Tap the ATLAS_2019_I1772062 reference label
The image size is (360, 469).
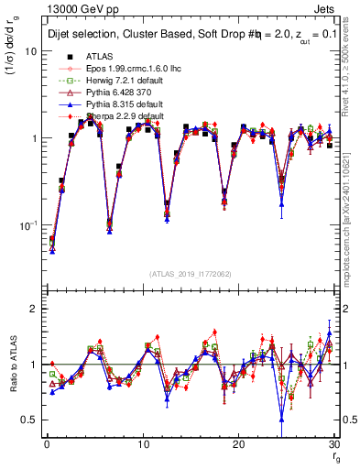click(191, 275)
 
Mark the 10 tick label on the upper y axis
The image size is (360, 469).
click(29, 51)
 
